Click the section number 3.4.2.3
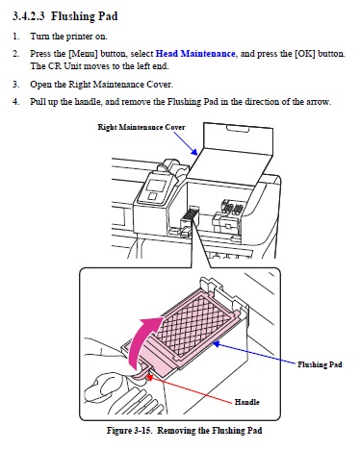click(29, 16)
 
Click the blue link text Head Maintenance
click(195, 54)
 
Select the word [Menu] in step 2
click(83, 54)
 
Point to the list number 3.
click(15, 85)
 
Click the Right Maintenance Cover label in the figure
click(141, 127)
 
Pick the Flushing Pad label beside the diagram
click(320, 364)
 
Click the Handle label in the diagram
click(246, 402)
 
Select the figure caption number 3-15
click(142, 430)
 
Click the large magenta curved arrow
click(141, 339)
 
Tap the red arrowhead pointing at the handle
click(149, 377)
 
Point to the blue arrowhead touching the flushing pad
click(217, 344)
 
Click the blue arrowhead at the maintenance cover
click(193, 151)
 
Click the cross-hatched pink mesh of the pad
click(194, 325)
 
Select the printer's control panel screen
click(155, 186)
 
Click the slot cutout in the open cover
click(238, 129)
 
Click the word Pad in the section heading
click(108, 16)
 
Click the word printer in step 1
click(79, 37)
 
